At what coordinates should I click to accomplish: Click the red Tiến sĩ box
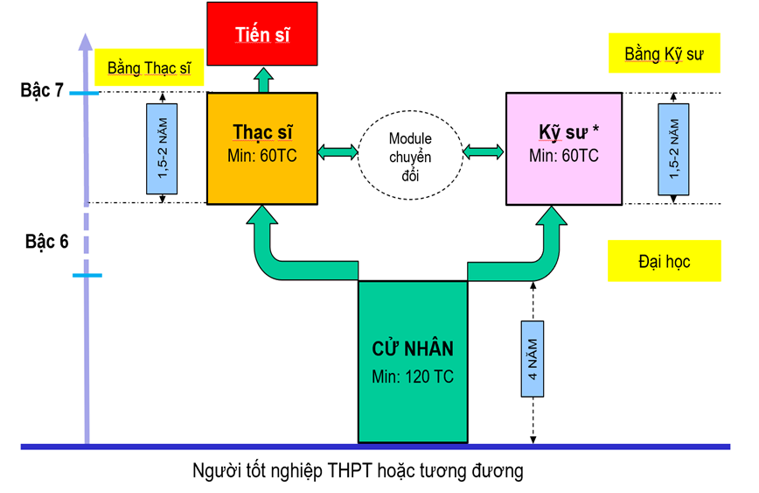[x=262, y=33]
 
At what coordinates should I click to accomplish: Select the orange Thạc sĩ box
[x=262, y=148]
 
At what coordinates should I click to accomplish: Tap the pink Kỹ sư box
[x=564, y=149]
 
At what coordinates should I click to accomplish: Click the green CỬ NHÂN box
[x=413, y=362]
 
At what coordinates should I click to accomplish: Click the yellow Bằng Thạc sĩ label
[x=149, y=67]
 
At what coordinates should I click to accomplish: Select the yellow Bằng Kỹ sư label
[x=665, y=53]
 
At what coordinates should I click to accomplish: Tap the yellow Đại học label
[x=665, y=261]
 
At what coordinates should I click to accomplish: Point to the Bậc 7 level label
[x=42, y=90]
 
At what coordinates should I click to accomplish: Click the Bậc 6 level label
[x=47, y=242]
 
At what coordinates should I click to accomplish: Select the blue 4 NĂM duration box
[x=533, y=359]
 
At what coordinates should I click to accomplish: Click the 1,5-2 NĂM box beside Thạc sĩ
[x=162, y=148]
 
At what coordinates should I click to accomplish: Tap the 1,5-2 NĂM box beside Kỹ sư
[x=673, y=149]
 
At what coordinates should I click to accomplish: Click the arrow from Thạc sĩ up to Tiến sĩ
[x=263, y=80]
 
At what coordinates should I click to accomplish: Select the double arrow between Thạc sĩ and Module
[x=338, y=152]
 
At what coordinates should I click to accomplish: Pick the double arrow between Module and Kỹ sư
[x=483, y=152]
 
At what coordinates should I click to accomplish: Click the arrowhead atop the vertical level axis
[x=85, y=42]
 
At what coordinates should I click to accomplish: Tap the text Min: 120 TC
[x=413, y=377]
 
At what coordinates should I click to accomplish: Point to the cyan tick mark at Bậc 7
[x=84, y=93]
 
